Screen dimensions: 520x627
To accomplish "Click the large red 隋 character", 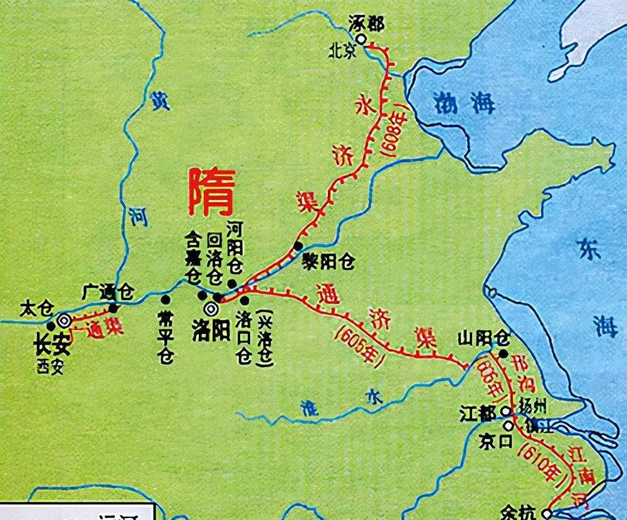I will [x=211, y=193].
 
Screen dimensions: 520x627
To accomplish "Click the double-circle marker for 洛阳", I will [x=211, y=308].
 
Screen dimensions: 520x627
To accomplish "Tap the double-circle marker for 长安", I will [x=63, y=320].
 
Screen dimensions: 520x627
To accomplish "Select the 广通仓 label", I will [x=108, y=292].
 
